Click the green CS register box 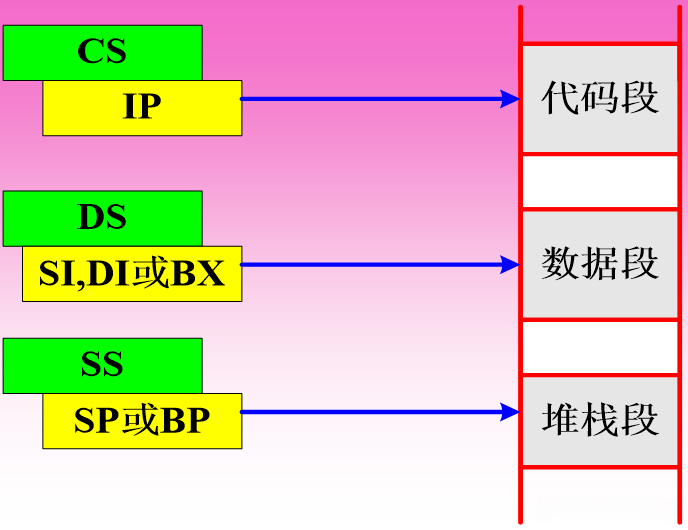(102, 52)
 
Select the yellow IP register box (142, 108)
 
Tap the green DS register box (102, 217)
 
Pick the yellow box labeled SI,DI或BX (132, 273)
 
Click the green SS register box (102, 365)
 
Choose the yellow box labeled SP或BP (142, 421)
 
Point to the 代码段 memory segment (600, 98)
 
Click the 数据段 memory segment (600, 264)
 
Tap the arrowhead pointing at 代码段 (510, 98)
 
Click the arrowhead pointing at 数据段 (510, 265)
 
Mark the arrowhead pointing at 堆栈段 (510, 411)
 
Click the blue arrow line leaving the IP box (370, 98)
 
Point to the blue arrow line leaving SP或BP (370, 411)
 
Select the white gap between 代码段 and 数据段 (600, 181)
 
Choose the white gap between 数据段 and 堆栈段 (600, 347)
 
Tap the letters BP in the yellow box (185, 421)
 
